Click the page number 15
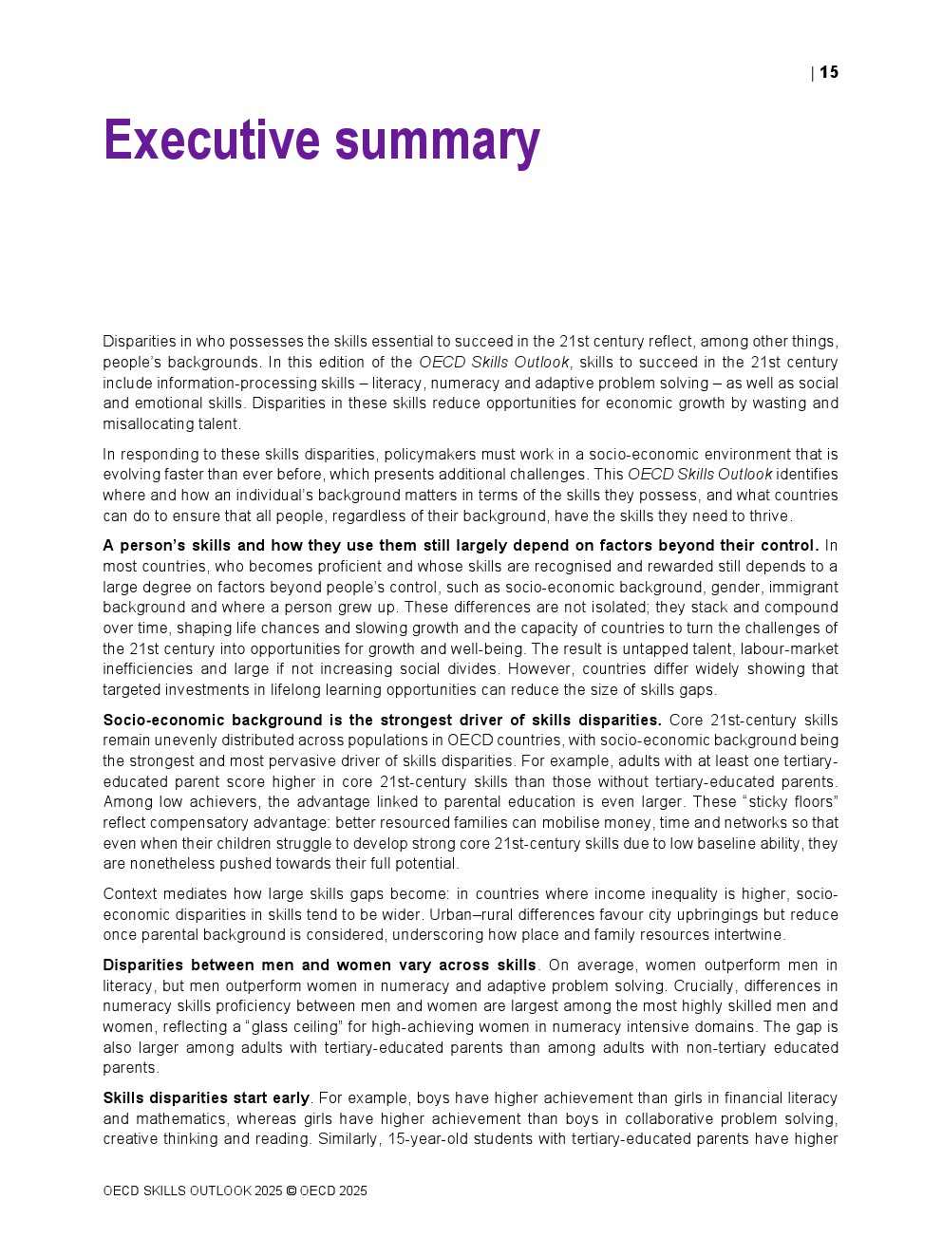coord(829,72)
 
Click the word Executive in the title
coord(212,141)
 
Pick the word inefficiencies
coord(147,669)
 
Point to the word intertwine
coord(749,935)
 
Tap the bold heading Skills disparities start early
coord(206,1098)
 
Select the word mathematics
coord(181,1119)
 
